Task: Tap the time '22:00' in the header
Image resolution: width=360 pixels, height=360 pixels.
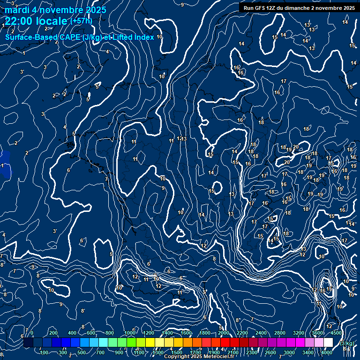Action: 18,21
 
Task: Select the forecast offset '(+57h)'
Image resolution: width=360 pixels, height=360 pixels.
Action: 81,21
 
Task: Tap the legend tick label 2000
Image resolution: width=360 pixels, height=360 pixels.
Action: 223,333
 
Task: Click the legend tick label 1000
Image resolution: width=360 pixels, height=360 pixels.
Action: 130,333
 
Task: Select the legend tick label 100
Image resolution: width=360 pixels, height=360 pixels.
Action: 45,352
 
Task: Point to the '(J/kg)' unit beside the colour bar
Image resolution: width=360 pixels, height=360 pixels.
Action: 345,343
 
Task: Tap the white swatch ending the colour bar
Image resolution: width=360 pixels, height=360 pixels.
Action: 328,343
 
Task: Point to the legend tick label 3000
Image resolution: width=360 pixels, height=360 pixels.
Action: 289,352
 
